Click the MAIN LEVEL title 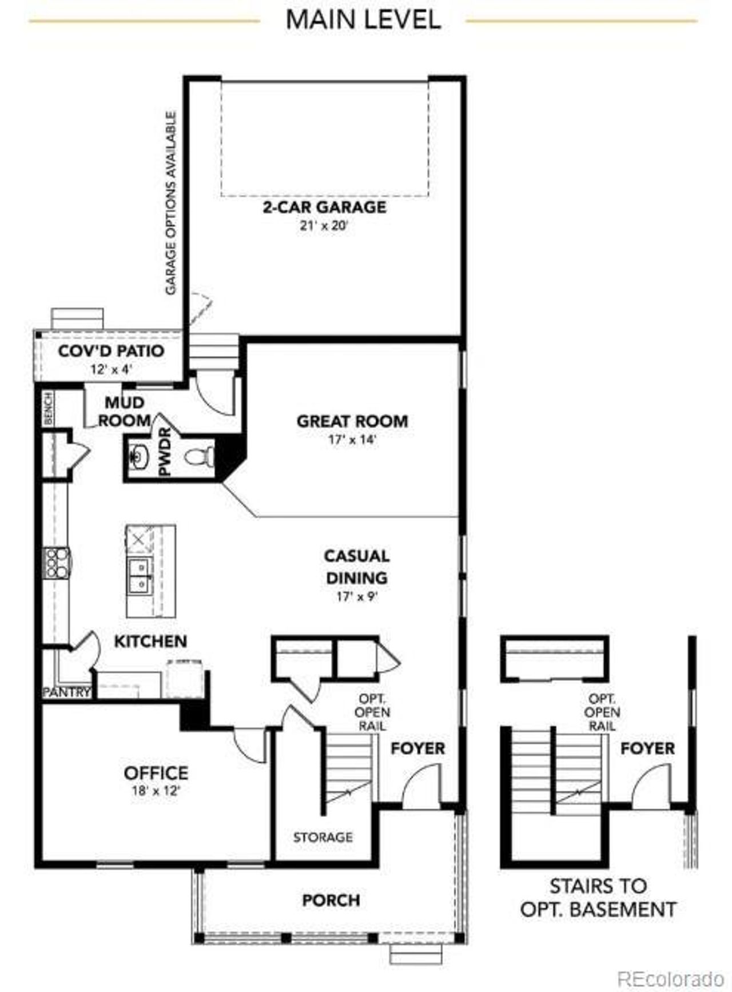[363, 20]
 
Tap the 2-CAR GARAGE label [324, 207]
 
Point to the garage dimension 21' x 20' [324, 225]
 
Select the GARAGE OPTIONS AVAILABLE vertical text [170, 203]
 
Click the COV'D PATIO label [111, 350]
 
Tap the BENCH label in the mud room [48, 408]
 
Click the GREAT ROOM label [352, 421]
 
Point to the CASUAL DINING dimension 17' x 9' [357, 597]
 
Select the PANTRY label [67, 692]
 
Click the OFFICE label [156, 773]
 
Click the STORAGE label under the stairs [323, 838]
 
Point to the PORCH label [331, 901]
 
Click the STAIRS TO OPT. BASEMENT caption [598, 898]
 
